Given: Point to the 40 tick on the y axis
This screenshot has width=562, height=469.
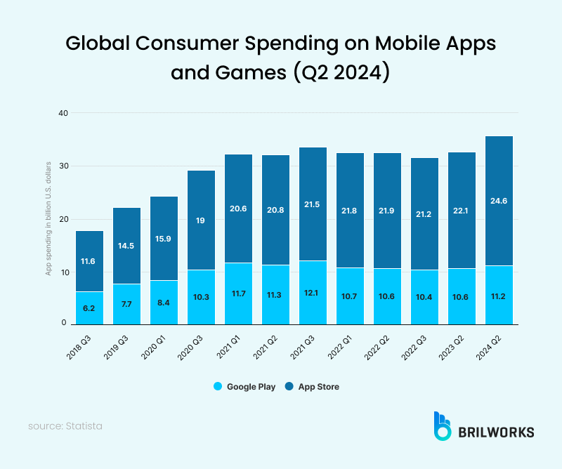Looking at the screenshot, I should [x=63, y=113].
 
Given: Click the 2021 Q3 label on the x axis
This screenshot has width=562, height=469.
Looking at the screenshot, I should [x=305, y=344].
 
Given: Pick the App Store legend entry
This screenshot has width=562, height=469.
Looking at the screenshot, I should [x=313, y=386].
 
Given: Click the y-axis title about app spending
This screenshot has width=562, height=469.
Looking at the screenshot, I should [x=48, y=218].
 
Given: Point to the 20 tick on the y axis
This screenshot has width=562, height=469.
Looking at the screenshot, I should [x=63, y=219].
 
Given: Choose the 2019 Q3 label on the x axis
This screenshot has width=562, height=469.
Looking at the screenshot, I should [x=119, y=344].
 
